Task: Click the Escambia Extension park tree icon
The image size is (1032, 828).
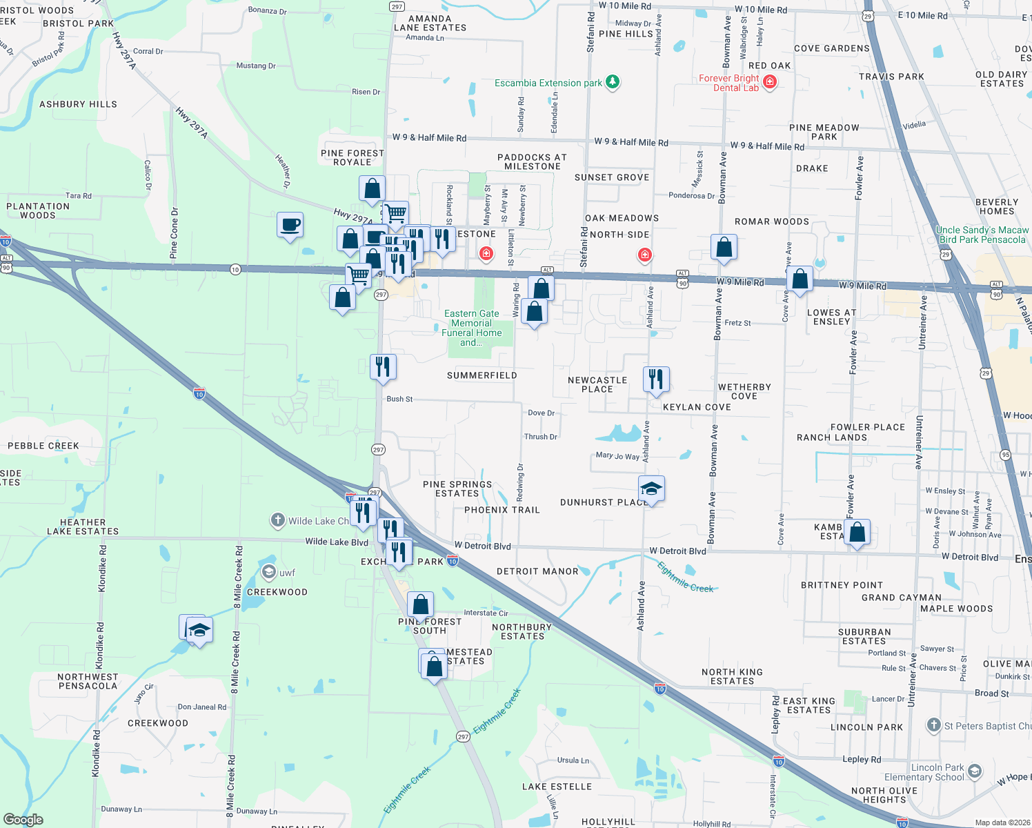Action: point(612,83)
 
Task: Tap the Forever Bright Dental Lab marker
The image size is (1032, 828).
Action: point(770,83)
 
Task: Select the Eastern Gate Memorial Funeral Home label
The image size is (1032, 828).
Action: point(472,328)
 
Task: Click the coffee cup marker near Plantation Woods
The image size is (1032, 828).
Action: point(290,225)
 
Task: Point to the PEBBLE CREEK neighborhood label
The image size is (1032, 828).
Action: point(43,446)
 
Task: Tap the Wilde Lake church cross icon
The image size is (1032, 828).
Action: point(277,520)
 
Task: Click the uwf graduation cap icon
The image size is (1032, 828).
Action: point(268,571)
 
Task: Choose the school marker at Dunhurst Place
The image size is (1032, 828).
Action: point(651,489)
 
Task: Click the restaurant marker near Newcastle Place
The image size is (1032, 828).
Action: point(656,379)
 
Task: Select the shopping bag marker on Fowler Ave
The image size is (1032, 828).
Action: point(857,533)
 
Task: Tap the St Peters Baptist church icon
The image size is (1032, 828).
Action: point(933,725)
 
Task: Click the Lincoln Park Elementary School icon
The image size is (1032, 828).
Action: point(975,771)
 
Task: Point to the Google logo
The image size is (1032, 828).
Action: point(23,820)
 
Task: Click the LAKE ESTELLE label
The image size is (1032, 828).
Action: point(557,787)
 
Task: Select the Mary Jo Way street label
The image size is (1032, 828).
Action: point(617,455)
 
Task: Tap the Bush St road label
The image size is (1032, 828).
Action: point(399,399)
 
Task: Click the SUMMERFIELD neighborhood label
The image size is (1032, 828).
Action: point(482,375)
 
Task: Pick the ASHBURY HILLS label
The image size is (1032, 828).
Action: point(78,104)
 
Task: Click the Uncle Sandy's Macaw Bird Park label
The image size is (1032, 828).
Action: point(982,235)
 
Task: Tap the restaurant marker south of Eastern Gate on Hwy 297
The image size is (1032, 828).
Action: point(383,366)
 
